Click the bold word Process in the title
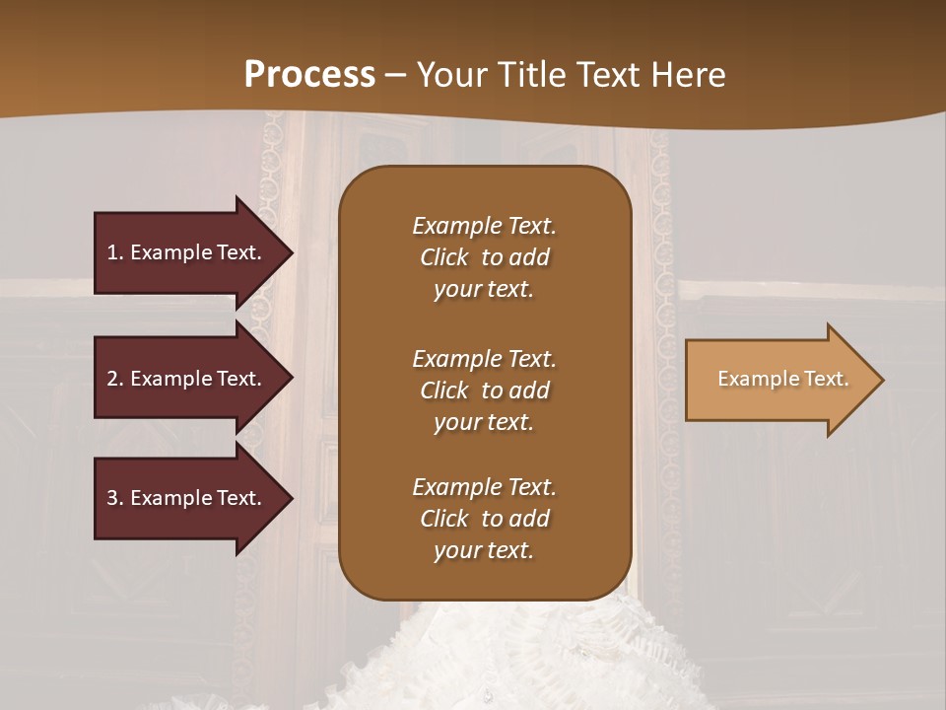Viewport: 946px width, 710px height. (309, 75)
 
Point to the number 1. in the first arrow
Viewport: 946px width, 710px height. (115, 252)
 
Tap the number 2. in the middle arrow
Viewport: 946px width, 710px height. (115, 379)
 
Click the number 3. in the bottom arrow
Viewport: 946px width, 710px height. (115, 498)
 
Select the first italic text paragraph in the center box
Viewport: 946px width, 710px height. (484, 257)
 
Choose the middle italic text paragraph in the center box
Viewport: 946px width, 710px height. (484, 390)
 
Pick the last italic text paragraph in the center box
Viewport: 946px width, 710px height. (484, 519)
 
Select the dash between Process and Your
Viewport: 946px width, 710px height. (395, 76)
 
